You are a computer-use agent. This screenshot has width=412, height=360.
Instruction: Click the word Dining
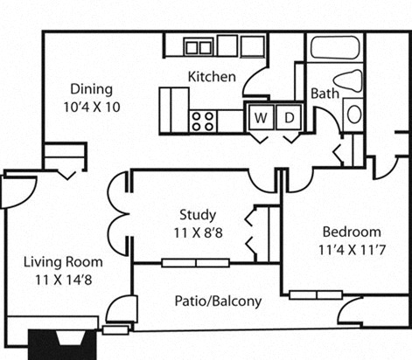[92, 88]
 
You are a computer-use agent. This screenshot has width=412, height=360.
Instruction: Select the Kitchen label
[212, 77]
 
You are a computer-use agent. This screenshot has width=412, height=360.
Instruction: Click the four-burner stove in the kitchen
[204, 120]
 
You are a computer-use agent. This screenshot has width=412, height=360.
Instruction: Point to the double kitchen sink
[199, 46]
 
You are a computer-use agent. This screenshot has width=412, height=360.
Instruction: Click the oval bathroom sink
[353, 114]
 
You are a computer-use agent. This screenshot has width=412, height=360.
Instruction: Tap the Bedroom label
[352, 232]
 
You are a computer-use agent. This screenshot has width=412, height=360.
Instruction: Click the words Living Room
[63, 261]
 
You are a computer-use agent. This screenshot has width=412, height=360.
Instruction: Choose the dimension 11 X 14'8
[63, 279]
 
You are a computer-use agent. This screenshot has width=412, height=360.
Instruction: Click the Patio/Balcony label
[217, 301]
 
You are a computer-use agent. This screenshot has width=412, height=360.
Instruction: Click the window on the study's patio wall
[195, 262]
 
